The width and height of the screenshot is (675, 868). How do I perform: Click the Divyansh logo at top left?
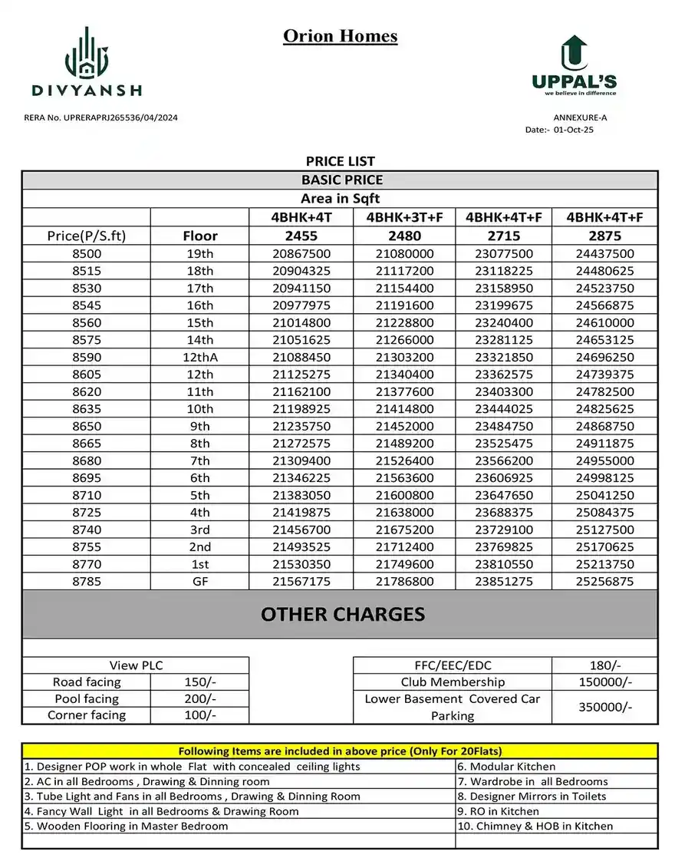point(87,61)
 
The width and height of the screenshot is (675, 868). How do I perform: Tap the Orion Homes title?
point(341,36)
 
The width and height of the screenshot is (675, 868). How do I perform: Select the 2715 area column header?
point(503,236)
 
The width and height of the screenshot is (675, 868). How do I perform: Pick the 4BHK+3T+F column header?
point(405,217)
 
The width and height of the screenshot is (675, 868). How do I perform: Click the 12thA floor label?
point(199,358)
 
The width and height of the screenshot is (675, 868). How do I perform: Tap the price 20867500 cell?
point(301,254)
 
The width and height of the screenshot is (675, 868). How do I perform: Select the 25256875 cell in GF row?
point(604,582)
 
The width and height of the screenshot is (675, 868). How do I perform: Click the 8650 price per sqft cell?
point(86,426)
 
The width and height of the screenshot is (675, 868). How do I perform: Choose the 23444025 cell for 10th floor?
point(503,409)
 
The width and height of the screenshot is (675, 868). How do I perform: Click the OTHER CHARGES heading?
point(342,615)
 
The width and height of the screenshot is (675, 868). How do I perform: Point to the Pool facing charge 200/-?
point(199,699)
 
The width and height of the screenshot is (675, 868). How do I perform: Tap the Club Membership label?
point(453,682)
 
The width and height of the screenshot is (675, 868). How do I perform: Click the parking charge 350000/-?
point(604,707)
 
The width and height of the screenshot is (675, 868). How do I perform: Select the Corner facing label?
point(87,715)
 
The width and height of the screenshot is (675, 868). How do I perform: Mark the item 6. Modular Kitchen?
point(506,766)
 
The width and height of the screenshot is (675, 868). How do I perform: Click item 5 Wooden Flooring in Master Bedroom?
point(127,826)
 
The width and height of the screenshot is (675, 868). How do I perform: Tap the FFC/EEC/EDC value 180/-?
point(604,665)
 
